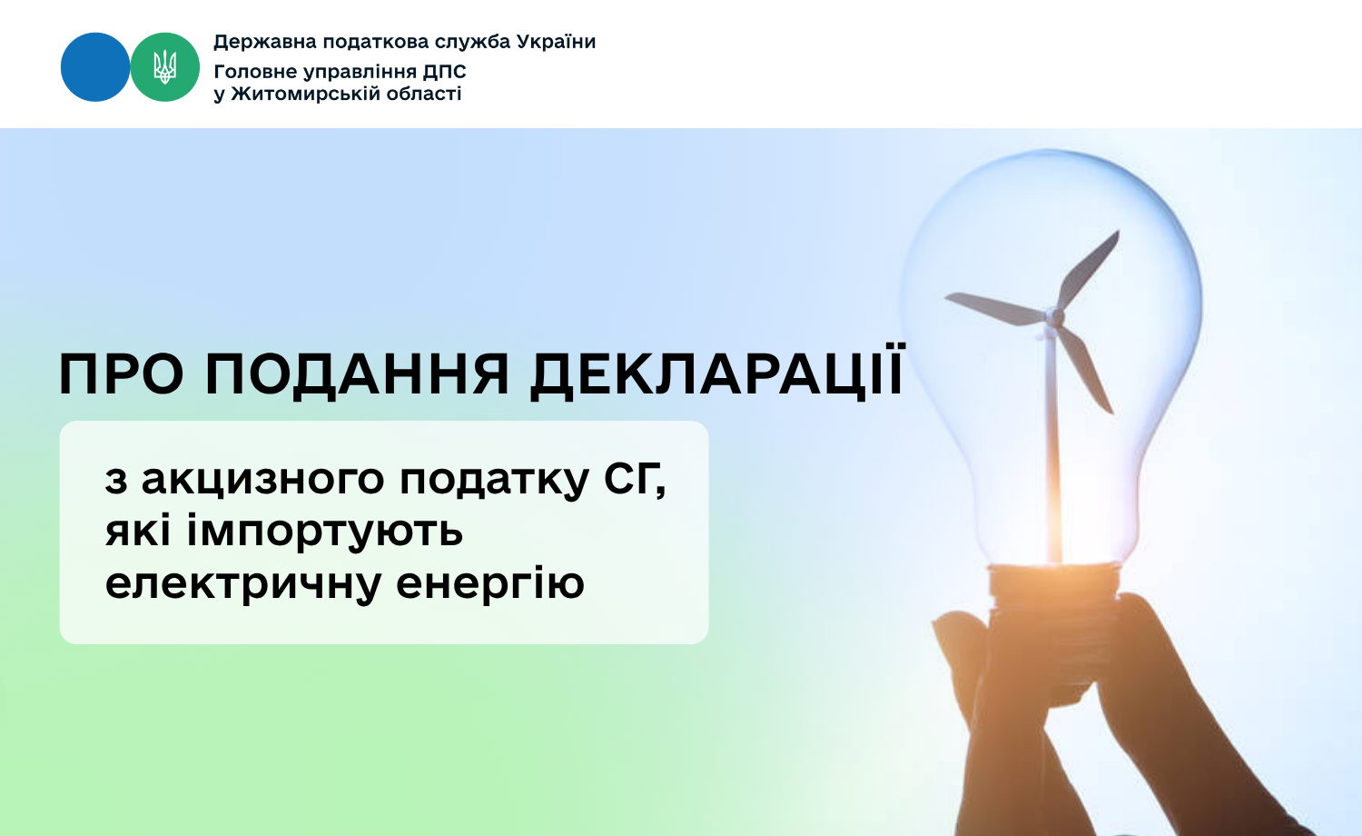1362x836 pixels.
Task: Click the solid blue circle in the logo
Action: pyautogui.click(x=95, y=67)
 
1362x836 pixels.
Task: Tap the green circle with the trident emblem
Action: pyautogui.click(x=164, y=67)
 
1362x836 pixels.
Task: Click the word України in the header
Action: pyautogui.click(x=557, y=42)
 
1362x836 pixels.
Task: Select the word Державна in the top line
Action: pyautogui.click(x=265, y=42)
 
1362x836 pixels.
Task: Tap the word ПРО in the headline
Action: pyautogui.click(x=121, y=374)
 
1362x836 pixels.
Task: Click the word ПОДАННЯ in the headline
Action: pyautogui.click(x=357, y=375)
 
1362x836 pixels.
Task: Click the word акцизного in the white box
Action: pyautogui.click(x=262, y=481)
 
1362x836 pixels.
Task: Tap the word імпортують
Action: pyautogui.click(x=325, y=532)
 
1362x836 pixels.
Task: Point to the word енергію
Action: pyautogui.click(x=490, y=582)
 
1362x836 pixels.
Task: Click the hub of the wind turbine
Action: pyautogui.click(x=1055, y=317)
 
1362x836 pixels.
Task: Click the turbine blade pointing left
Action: pyautogui.click(x=996, y=308)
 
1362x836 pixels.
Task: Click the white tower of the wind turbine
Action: pyautogui.click(x=1053, y=444)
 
